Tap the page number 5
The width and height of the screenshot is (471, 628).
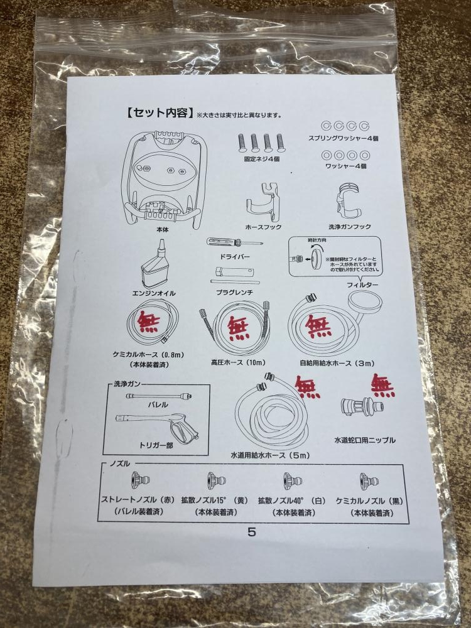[252, 531]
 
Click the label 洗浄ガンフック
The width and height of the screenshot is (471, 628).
[350, 227]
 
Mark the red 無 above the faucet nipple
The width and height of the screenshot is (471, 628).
[382, 384]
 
